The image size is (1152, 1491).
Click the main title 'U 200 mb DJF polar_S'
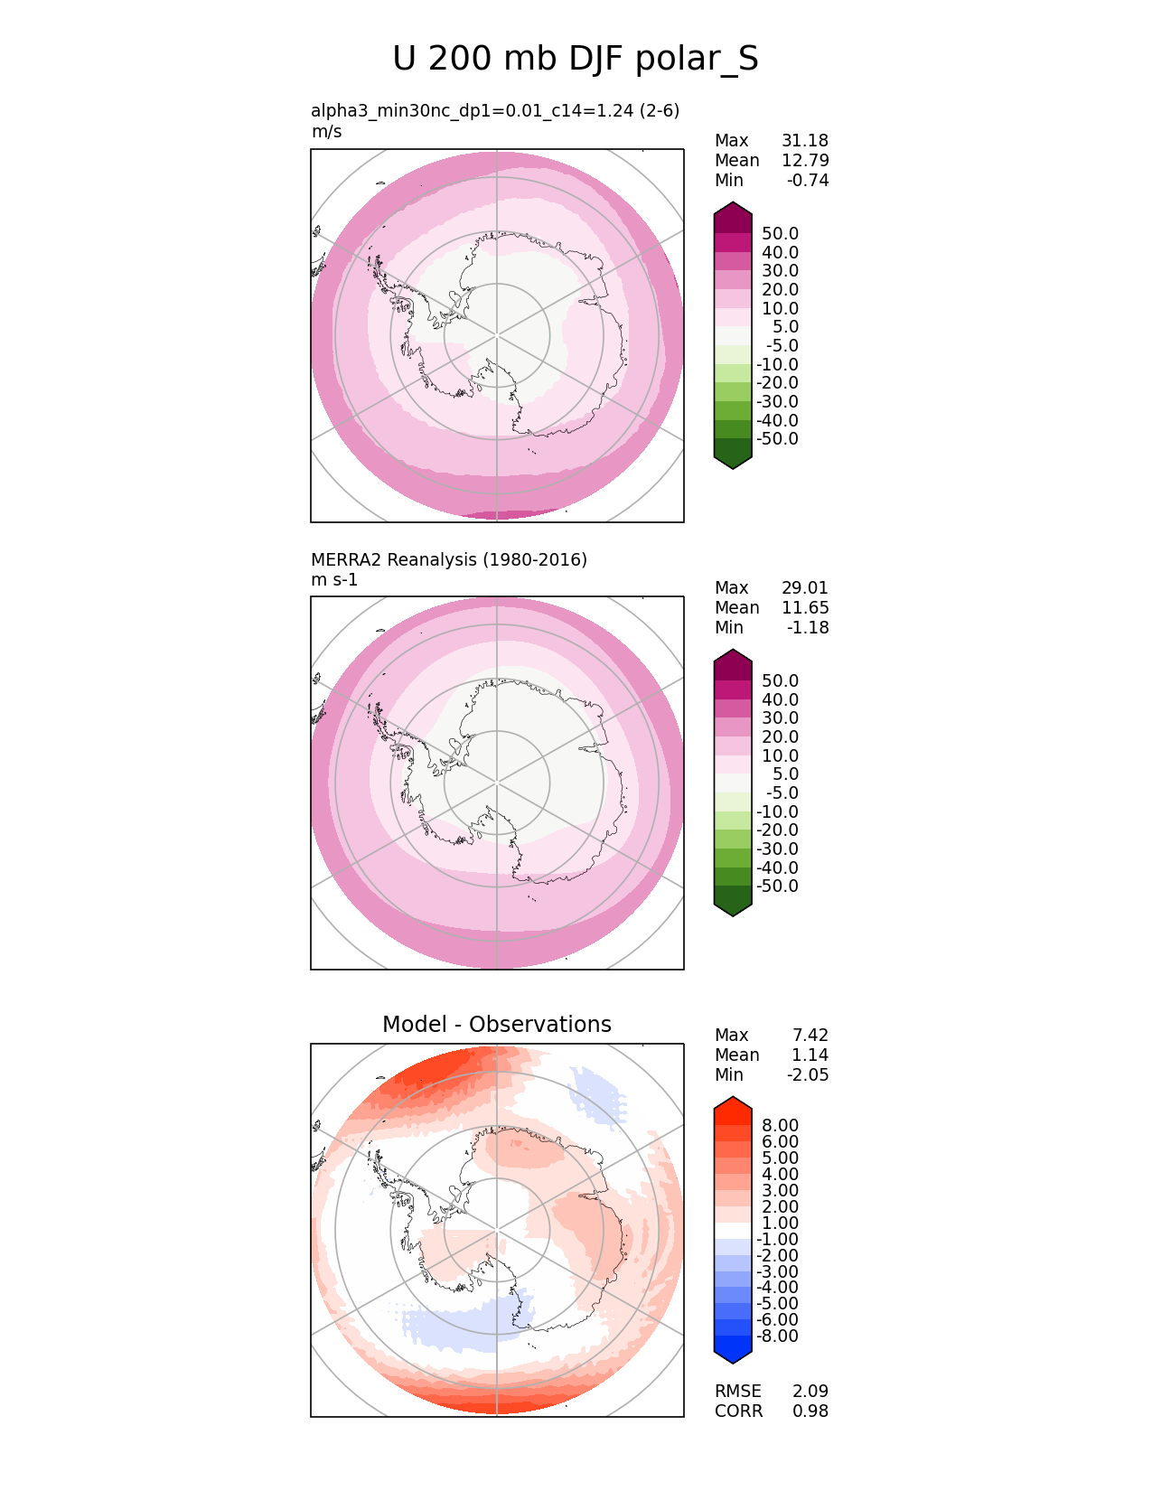(x=576, y=60)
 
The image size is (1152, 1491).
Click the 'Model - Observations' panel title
(x=496, y=1024)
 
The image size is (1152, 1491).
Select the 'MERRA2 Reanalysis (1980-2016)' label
(x=449, y=559)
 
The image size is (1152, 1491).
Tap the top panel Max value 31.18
(x=804, y=141)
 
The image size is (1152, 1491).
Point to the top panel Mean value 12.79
(x=804, y=161)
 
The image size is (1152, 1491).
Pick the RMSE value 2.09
(x=810, y=1392)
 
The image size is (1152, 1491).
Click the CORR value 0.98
(x=810, y=1411)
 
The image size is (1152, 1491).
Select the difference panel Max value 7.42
(x=810, y=1036)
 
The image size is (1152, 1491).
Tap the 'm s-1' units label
(x=334, y=580)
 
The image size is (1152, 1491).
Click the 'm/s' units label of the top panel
(x=326, y=132)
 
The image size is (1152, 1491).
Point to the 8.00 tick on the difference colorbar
(x=780, y=1125)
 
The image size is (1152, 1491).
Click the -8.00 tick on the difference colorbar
(x=777, y=1336)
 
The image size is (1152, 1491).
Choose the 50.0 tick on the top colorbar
(x=780, y=233)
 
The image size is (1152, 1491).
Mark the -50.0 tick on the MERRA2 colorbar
(x=777, y=886)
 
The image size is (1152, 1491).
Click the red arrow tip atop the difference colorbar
(x=733, y=1102)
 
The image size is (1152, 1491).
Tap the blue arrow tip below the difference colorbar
(x=733, y=1357)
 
